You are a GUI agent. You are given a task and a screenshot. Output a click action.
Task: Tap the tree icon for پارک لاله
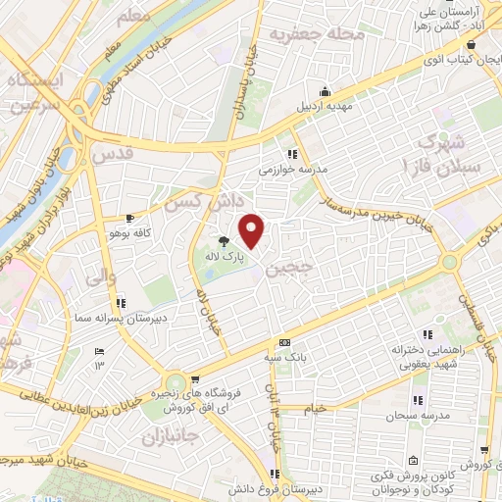coord(225,240)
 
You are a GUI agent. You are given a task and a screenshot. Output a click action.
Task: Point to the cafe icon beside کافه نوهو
coord(129,218)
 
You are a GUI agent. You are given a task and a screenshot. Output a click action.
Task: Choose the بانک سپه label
coord(284,358)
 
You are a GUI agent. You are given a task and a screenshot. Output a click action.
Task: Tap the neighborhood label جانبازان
coord(171,434)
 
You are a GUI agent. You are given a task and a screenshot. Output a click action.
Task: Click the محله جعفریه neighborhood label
coord(320,35)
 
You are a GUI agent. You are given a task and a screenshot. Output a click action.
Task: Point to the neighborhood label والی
coord(102,277)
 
